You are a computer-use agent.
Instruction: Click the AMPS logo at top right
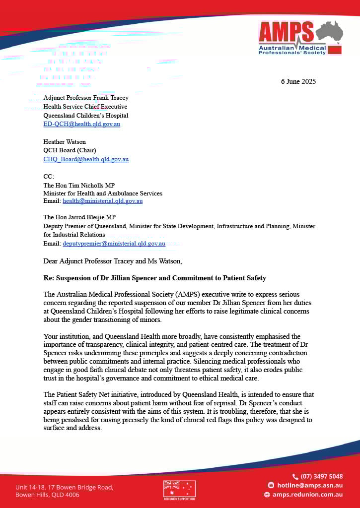click(300, 38)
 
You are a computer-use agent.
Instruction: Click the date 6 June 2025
click(298, 81)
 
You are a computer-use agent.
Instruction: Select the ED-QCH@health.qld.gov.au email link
click(81, 124)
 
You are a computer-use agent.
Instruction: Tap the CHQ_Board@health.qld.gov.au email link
click(86, 159)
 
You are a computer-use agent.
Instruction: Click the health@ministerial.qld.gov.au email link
click(103, 201)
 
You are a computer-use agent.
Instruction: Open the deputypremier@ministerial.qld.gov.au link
click(114, 244)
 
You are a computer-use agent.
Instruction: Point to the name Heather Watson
click(64, 142)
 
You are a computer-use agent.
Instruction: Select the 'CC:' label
click(48, 176)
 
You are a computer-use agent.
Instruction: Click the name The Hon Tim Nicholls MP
click(79, 185)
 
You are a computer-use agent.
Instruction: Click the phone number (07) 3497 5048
click(321, 476)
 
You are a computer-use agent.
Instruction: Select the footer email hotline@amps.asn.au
click(309, 485)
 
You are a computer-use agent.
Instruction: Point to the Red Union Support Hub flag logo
click(179, 489)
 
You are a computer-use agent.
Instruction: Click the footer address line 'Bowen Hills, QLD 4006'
click(47, 495)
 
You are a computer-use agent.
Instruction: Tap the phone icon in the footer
click(295, 476)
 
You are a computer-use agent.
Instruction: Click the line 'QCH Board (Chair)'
click(70, 150)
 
